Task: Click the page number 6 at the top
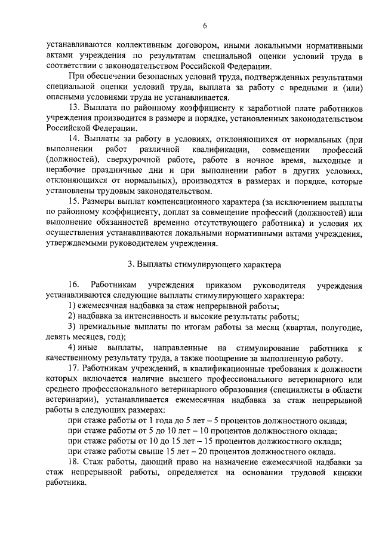point(204,25)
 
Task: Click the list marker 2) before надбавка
point(72,316)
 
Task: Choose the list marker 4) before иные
point(72,348)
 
